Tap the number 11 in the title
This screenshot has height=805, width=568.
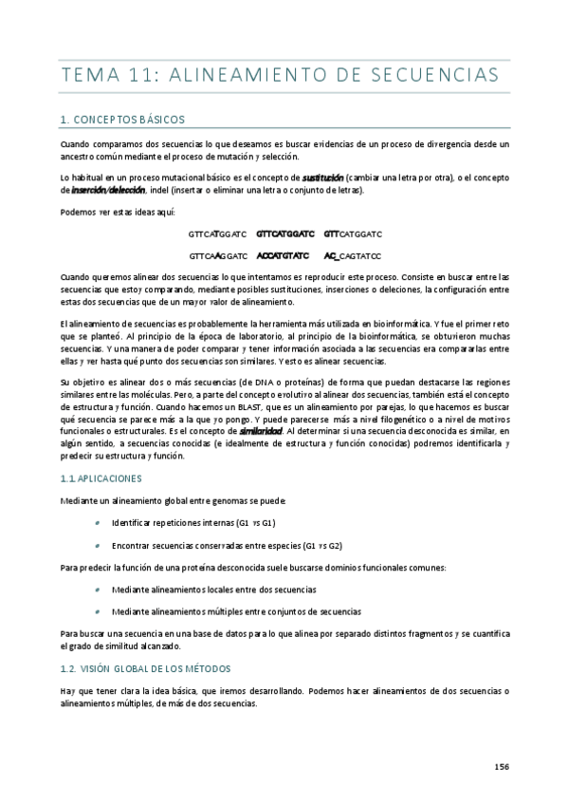point(148,74)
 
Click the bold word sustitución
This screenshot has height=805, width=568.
point(322,177)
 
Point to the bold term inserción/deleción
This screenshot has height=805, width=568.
point(101,189)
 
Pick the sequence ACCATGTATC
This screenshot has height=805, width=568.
point(283,255)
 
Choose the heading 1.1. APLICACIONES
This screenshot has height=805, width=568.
point(100,478)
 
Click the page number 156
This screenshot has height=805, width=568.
point(502,766)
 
